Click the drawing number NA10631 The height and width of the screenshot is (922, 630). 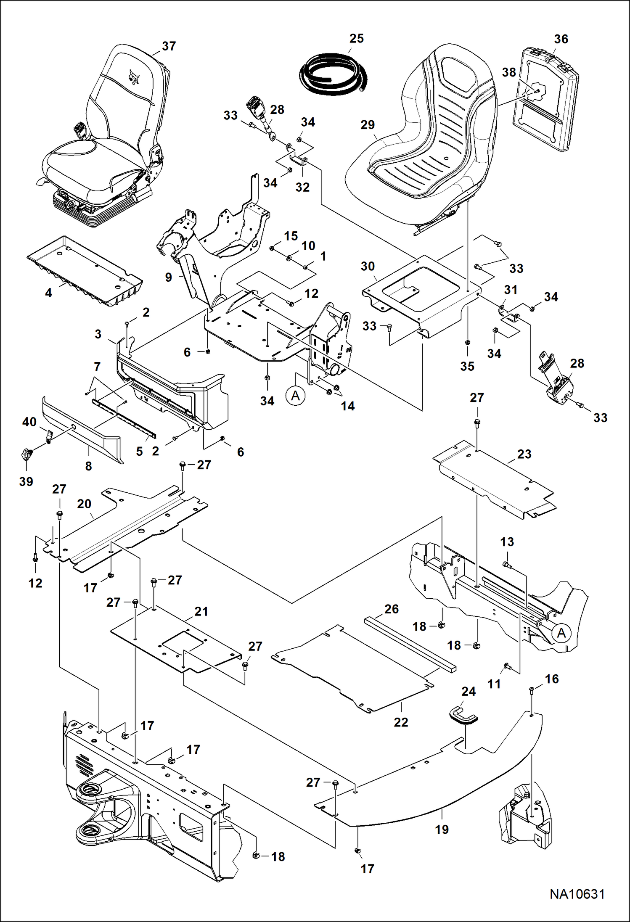(x=577, y=894)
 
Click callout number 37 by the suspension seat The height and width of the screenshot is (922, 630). (x=169, y=46)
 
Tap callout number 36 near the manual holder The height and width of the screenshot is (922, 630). (x=561, y=39)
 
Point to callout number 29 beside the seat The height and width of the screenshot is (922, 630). (x=368, y=125)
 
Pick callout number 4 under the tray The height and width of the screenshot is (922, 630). (x=49, y=293)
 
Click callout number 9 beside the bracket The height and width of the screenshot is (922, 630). (x=169, y=277)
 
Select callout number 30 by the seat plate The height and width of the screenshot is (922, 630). (x=368, y=266)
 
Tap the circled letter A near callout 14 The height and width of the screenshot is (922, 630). (x=296, y=396)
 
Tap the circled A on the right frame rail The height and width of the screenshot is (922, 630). (x=561, y=633)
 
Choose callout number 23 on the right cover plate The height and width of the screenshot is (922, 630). (x=524, y=454)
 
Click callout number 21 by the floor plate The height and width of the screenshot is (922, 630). (x=201, y=611)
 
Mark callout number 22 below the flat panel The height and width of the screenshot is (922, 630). (x=401, y=722)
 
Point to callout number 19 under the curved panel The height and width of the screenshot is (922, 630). (x=442, y=830)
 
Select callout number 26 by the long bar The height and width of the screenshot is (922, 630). (x=391, y=609)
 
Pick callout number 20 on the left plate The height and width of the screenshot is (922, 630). (x=84, y=504)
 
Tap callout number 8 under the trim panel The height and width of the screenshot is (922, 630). (x=88, y=466)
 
